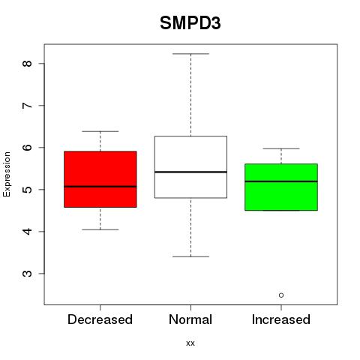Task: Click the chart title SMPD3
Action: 190,23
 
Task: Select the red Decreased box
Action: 100,179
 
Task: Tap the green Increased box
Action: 281,187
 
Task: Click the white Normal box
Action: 190,167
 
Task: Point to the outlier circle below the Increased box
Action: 281,295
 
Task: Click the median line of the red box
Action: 100,187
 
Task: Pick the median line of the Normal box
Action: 190,172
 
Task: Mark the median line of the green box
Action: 281,181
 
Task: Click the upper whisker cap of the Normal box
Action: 190,54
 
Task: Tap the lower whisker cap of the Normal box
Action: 190,256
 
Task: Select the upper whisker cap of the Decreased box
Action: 100,131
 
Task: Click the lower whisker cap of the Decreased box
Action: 100,229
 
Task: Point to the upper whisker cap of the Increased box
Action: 281,148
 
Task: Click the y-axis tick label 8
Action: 28,63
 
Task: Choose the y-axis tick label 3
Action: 28,274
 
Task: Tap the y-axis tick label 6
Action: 28,147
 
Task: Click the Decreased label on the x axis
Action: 100,319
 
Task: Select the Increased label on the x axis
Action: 281,319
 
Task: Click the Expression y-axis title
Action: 7,174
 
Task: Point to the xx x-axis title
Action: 190,343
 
